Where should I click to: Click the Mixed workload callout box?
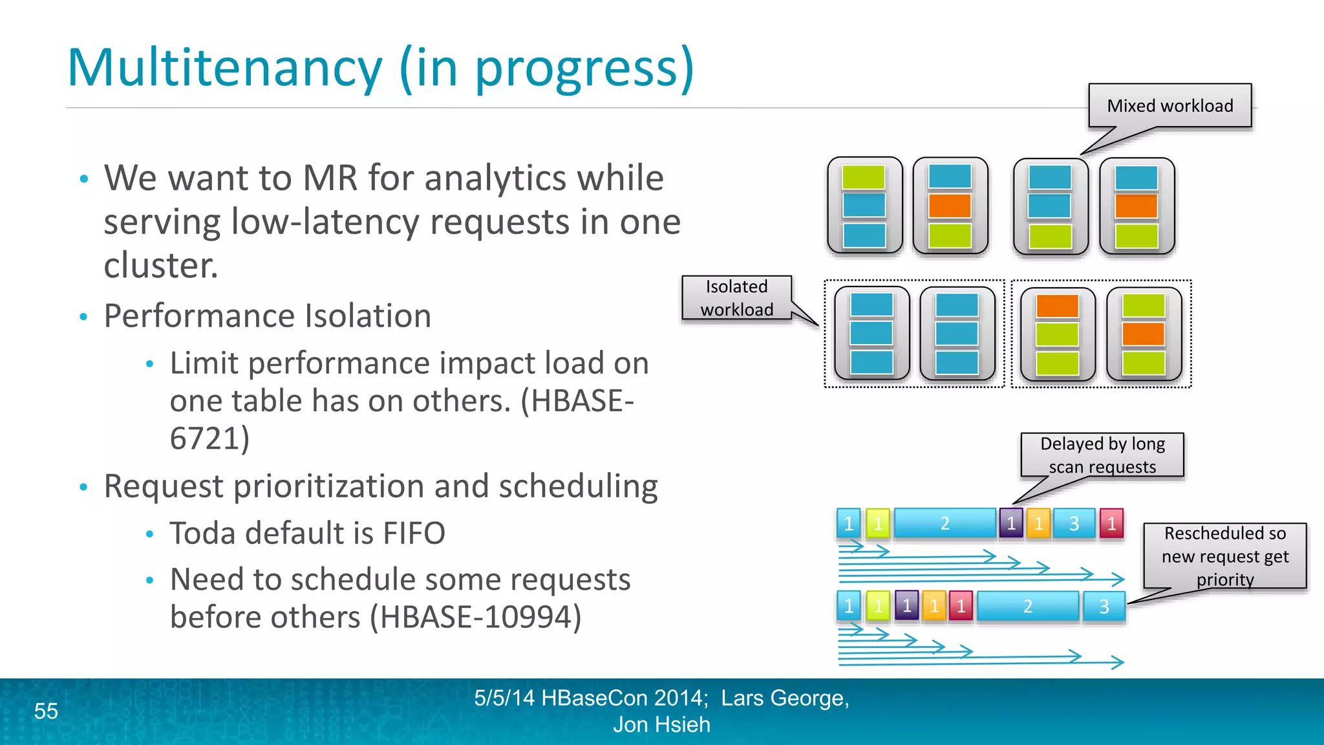click(1169, 105)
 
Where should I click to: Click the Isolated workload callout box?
click(736, 297)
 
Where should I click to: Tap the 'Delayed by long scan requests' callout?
click(1102, 455)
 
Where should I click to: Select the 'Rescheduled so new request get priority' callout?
click(1224, 556)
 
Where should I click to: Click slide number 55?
click(46, 711)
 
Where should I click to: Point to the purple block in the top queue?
click(1011, 523)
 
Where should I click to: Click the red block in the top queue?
click(1111, 523)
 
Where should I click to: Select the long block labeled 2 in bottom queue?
click(1027, 606)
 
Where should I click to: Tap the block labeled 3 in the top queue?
click(1074, 523)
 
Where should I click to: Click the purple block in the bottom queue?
click(906, 606)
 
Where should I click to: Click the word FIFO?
click(414, 534)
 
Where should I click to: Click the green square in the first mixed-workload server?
click(863, 177)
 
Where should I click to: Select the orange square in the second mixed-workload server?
click(949, 206)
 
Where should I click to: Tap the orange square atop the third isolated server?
click(1057, 306)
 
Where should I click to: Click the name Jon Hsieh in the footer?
click(661, 724)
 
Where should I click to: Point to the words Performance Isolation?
click(267, 316)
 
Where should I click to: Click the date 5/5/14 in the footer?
click(504, 698)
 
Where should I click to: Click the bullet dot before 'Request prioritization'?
click(83, 487)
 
